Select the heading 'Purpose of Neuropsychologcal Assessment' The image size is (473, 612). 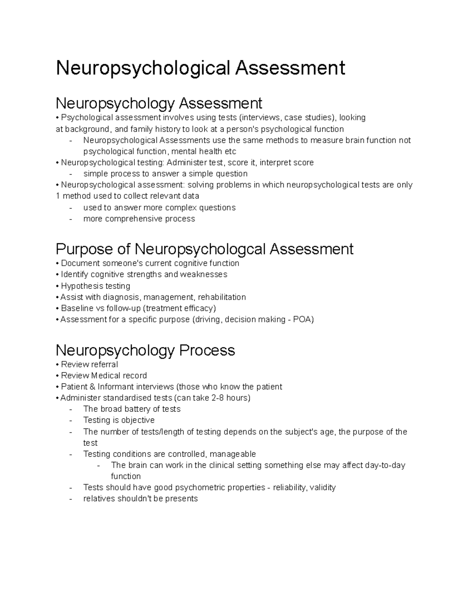(x=204, y=249)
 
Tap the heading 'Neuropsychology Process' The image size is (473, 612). (x=145, y=350)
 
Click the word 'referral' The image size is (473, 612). (x=104, y=364)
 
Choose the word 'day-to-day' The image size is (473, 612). (x=385, y=465)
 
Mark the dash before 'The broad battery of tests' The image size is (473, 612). (x=71, y=409)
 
